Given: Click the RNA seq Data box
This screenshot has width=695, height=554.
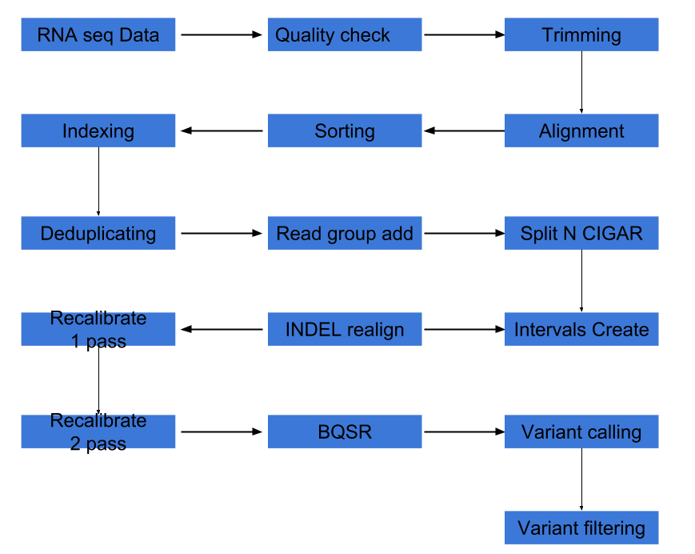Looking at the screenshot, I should [98, 35].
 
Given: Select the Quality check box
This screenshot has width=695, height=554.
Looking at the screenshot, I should [345, 35].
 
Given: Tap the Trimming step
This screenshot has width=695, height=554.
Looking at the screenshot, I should [581, 35].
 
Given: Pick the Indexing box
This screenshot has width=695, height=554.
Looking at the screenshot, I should [98, 130].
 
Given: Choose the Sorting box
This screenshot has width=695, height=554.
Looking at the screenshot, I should [345, 130].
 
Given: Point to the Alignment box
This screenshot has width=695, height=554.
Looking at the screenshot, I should [581, 130].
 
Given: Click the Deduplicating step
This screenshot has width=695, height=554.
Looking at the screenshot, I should [98, 233].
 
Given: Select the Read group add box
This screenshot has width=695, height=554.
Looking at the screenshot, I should [345, 233].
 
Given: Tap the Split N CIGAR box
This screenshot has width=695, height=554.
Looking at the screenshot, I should [581, 233].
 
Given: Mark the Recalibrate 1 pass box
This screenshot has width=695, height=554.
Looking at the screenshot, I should [98, 329].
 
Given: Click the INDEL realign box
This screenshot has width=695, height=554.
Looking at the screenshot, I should [345, 329].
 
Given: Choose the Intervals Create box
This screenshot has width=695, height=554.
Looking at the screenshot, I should [581, 329].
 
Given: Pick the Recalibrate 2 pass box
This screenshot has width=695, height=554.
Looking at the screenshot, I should [98, 432].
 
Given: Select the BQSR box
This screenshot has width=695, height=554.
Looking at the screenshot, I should [345, 432].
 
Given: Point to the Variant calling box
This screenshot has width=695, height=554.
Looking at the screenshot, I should [581, 432].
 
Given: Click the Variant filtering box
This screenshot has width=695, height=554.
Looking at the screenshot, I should [581, 528].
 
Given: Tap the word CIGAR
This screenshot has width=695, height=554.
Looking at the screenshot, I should [612, 234].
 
